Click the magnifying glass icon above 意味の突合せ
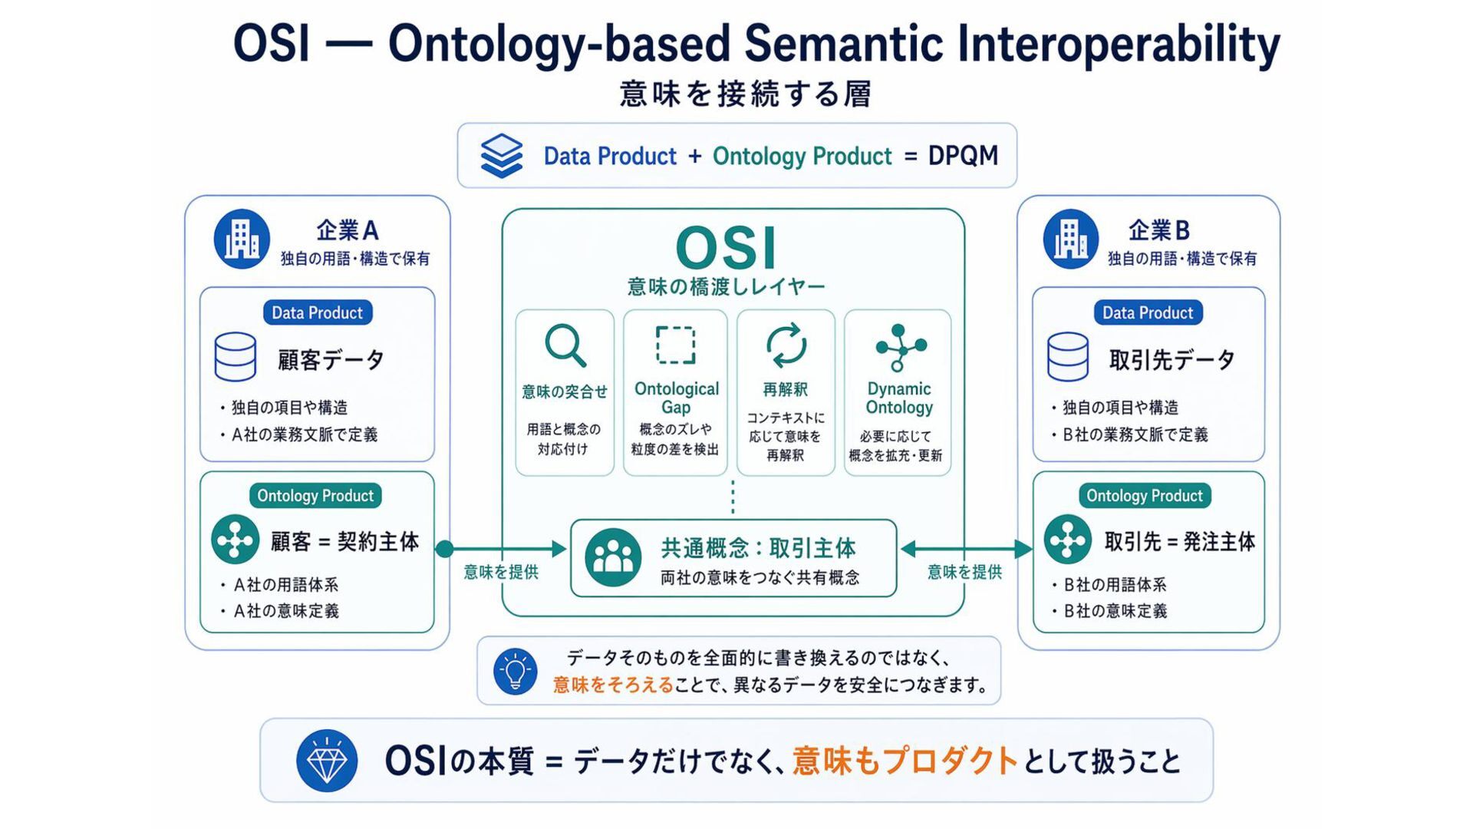point(565,345)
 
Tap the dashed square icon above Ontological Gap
point(675,345)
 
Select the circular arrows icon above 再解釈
point(786,345)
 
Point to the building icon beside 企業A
point(242,239)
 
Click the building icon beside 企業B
point(1071,239)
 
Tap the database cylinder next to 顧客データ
point(236,357)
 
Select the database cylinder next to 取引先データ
point(1067,357)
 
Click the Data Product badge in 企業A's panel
point(317,312)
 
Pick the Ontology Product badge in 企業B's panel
point(1144,496)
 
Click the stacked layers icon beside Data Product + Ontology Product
point(502,156)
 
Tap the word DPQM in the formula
point(963,156)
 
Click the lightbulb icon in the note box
point(515,672)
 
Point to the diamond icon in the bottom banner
point(327,761)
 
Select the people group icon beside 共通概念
point(613,558)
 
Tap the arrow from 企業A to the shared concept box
point(503,549)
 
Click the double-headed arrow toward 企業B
point(966,549)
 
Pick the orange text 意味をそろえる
point(612,685)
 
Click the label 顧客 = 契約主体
point(344,542)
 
